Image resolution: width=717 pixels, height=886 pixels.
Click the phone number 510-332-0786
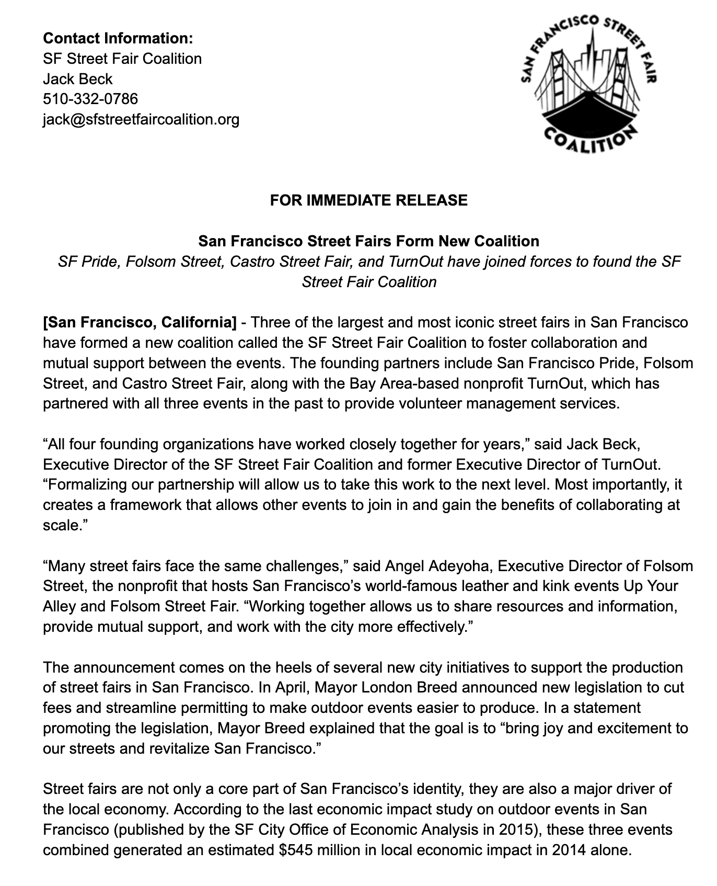[x=90, y=99]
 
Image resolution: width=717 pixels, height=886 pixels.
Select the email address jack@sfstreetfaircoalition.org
[x=141, y=119]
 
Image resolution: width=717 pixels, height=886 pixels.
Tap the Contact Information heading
[x=118, y=38]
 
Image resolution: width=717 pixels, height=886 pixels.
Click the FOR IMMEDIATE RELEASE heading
[x=368, y=200]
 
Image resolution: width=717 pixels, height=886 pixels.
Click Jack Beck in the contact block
[x=77, y=79]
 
